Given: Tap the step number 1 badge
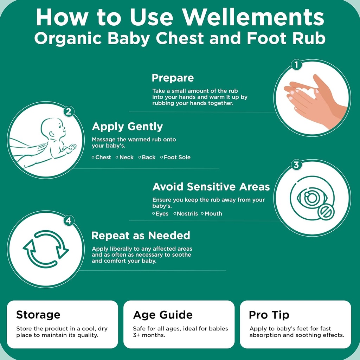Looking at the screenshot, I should [x=296, y=65].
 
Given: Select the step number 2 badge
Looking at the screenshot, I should [x=69, y=112].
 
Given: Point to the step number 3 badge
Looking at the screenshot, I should [x=296, y=165].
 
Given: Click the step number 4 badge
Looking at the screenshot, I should [x=69, y=221].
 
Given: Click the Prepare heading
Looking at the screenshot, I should [x=173, y=78].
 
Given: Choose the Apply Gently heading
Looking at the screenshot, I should [x=127, y=127].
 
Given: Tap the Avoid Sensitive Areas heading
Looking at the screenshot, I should [x=211, y=186].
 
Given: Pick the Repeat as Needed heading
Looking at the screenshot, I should [x=141, y=235].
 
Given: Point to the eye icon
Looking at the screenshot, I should [x=310, y=199].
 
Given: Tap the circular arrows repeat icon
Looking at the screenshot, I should [x=46, y=249].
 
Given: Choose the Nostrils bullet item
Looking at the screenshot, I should [x=187, y=214].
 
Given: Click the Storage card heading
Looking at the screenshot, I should [x=38, y=314].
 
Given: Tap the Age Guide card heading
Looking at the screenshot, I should [x=163, y=315].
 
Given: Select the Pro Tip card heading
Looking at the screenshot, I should [x=269, y=315].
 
